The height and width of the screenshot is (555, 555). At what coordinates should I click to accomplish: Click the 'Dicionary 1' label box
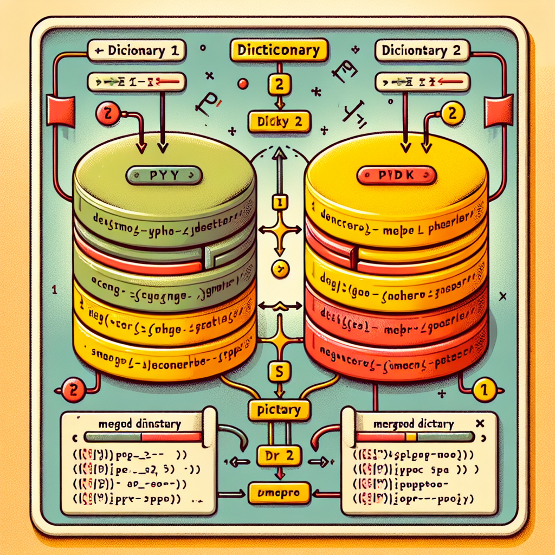(x=136, y=51)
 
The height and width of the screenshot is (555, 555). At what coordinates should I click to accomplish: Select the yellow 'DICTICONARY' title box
(x=279, y=50)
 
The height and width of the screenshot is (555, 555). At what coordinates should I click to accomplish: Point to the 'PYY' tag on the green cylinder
(x=164, y=176)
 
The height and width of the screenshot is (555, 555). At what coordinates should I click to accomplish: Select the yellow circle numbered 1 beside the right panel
(x=484, y=390)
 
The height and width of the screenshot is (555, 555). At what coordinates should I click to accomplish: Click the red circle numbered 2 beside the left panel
(x=73, y=390)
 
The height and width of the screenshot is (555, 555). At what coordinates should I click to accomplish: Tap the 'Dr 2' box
(x=279, y=456)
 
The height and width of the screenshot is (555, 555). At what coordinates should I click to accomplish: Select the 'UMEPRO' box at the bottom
(x=279, y=493)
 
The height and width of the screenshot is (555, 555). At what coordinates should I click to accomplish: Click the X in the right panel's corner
(x=479, y=423)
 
